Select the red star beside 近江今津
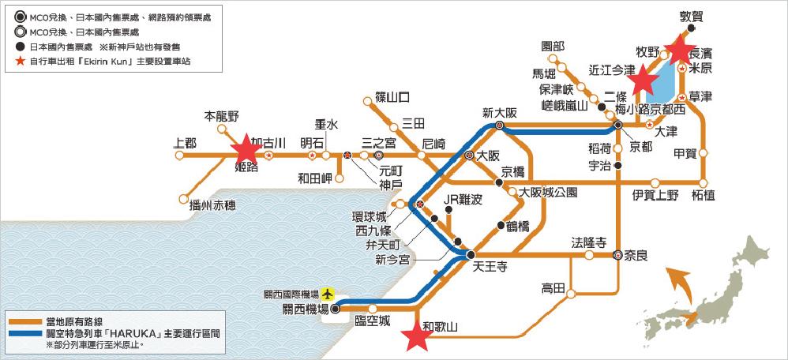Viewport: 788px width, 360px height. [644, 78]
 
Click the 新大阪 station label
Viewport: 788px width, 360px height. [499, 111]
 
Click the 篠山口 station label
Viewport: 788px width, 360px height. [392, 98]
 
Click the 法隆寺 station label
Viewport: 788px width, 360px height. [588, 242]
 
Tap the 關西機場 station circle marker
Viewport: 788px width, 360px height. [335, 309]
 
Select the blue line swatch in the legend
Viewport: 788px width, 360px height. [26, 333]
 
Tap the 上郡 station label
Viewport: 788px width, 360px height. [185, 144]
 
